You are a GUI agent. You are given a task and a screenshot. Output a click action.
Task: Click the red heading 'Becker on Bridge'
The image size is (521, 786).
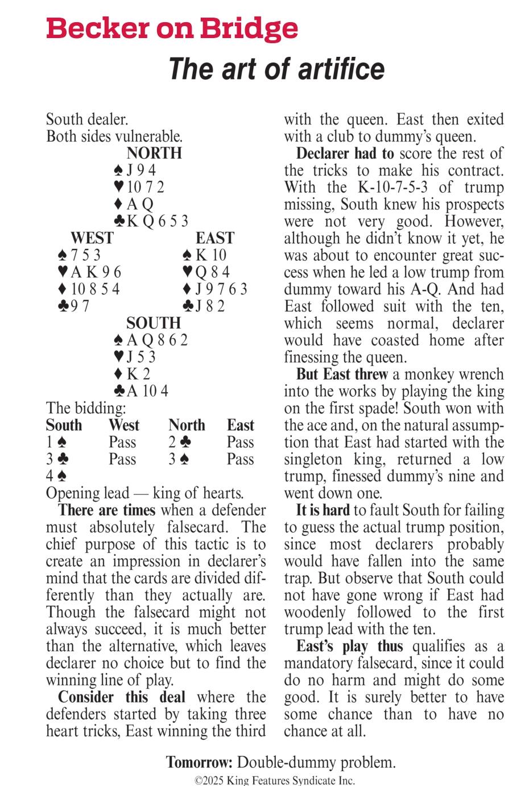point(172,28)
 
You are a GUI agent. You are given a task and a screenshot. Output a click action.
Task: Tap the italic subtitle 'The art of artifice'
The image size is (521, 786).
point(276,69)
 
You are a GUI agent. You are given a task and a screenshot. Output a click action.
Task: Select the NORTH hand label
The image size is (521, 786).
point(154,153)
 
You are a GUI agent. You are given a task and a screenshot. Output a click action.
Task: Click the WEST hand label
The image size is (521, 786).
point(92,238)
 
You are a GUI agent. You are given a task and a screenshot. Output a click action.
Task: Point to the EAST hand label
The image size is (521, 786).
point(215,238)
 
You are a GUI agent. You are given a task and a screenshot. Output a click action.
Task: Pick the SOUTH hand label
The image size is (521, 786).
point(154,323)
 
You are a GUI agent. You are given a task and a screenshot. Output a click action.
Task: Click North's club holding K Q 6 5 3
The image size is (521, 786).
point(151,221)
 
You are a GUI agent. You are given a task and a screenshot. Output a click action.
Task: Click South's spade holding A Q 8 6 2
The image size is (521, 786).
point(151,340)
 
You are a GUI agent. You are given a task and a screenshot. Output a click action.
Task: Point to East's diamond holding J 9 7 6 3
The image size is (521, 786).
point(215,289)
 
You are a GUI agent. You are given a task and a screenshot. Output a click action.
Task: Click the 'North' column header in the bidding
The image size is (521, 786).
point(187,425)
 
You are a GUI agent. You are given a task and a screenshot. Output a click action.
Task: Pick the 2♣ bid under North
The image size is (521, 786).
point(176,442)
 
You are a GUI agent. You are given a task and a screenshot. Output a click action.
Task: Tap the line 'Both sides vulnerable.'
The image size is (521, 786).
point(114,136)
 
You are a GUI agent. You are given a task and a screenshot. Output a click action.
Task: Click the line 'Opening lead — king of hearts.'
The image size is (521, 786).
point(144,493)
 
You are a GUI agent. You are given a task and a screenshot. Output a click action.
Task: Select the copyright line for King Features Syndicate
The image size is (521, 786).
point(275,780)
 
